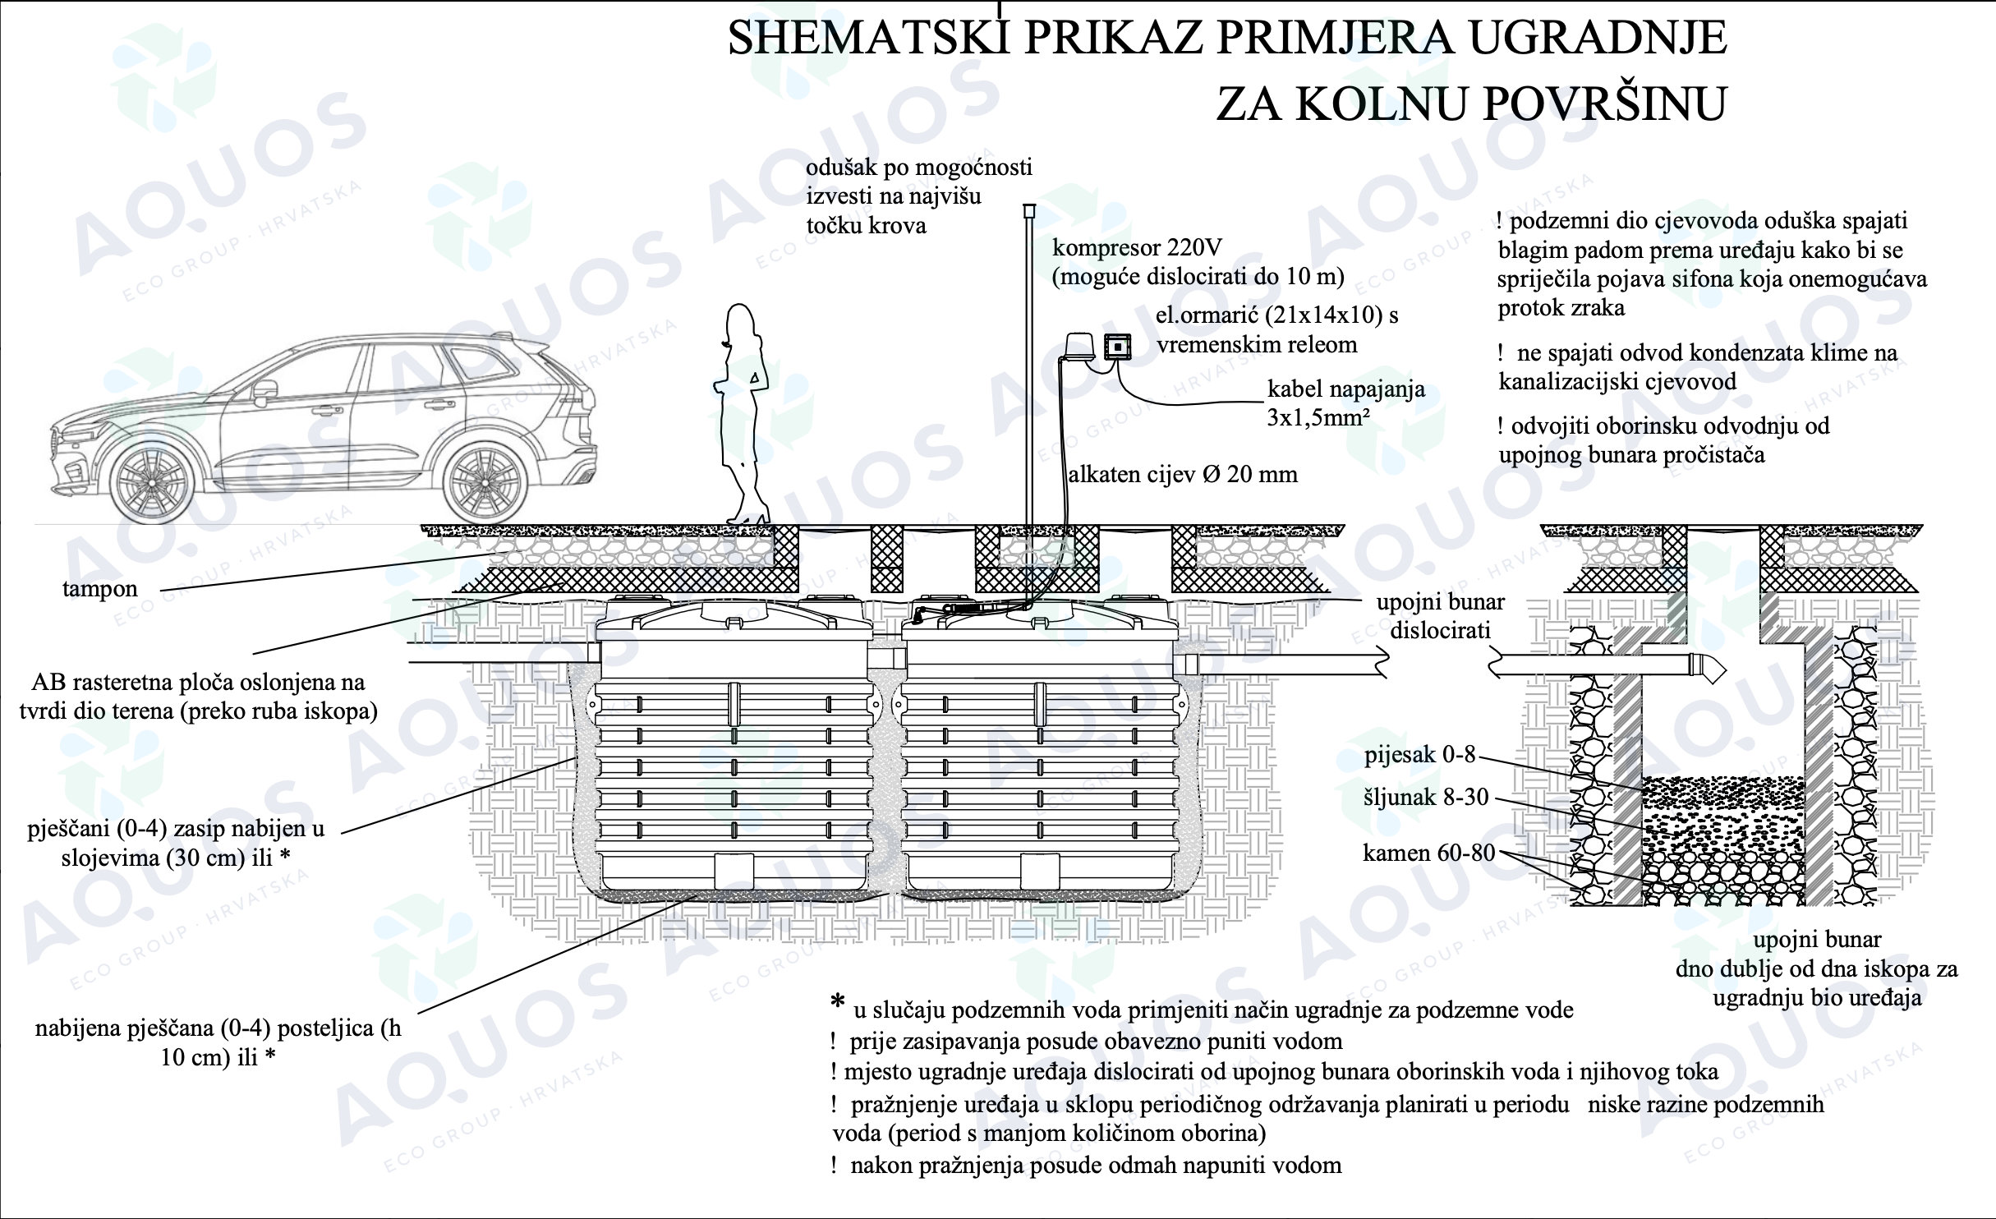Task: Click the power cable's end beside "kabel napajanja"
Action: (x=1265, y=402)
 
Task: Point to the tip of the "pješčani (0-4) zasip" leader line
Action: (x=574, y=759)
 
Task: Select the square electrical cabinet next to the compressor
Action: (x=1117, y=348)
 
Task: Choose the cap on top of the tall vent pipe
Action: (x=1028, y=211)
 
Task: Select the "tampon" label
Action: (x=100, y=589)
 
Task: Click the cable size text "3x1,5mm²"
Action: (x=1317, y=417)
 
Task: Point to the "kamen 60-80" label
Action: (x=1428, y=853)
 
